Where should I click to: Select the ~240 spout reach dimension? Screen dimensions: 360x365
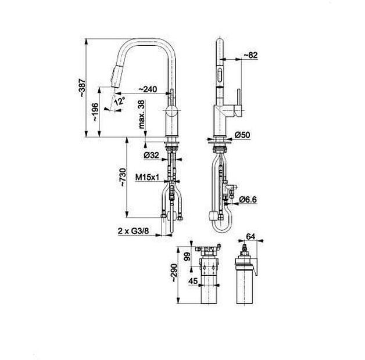click(x=147, y=89)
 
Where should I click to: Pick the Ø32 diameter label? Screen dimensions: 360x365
click(x=152, y=156)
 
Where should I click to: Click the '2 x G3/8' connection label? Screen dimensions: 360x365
click(x=133, y=231)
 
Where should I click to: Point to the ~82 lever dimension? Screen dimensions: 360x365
click(x=249, y=55)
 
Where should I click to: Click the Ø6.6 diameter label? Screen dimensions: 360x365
click(x=250, y=200)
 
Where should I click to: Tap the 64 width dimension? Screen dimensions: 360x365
click(x=251, y=236)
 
